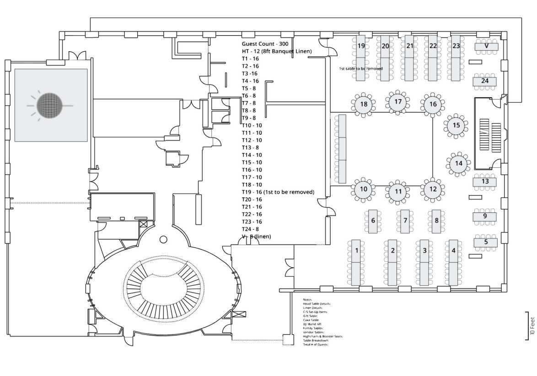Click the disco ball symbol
click(51, 106)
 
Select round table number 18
click(364, 104)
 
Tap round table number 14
click(459, 163)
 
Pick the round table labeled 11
click(398, 191)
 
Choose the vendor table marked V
click(487, 46)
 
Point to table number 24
click(485, 81)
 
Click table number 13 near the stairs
click(485, 181)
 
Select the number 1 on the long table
click(356, 250)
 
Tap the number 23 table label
click(456, 46)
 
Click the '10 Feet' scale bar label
click(532, 325)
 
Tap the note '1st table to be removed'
click(360, 69)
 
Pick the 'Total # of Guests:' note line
click(315, 344)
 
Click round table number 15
click(456, 125)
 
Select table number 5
click(486, 242)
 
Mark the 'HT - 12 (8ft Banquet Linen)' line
click(277, 51)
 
